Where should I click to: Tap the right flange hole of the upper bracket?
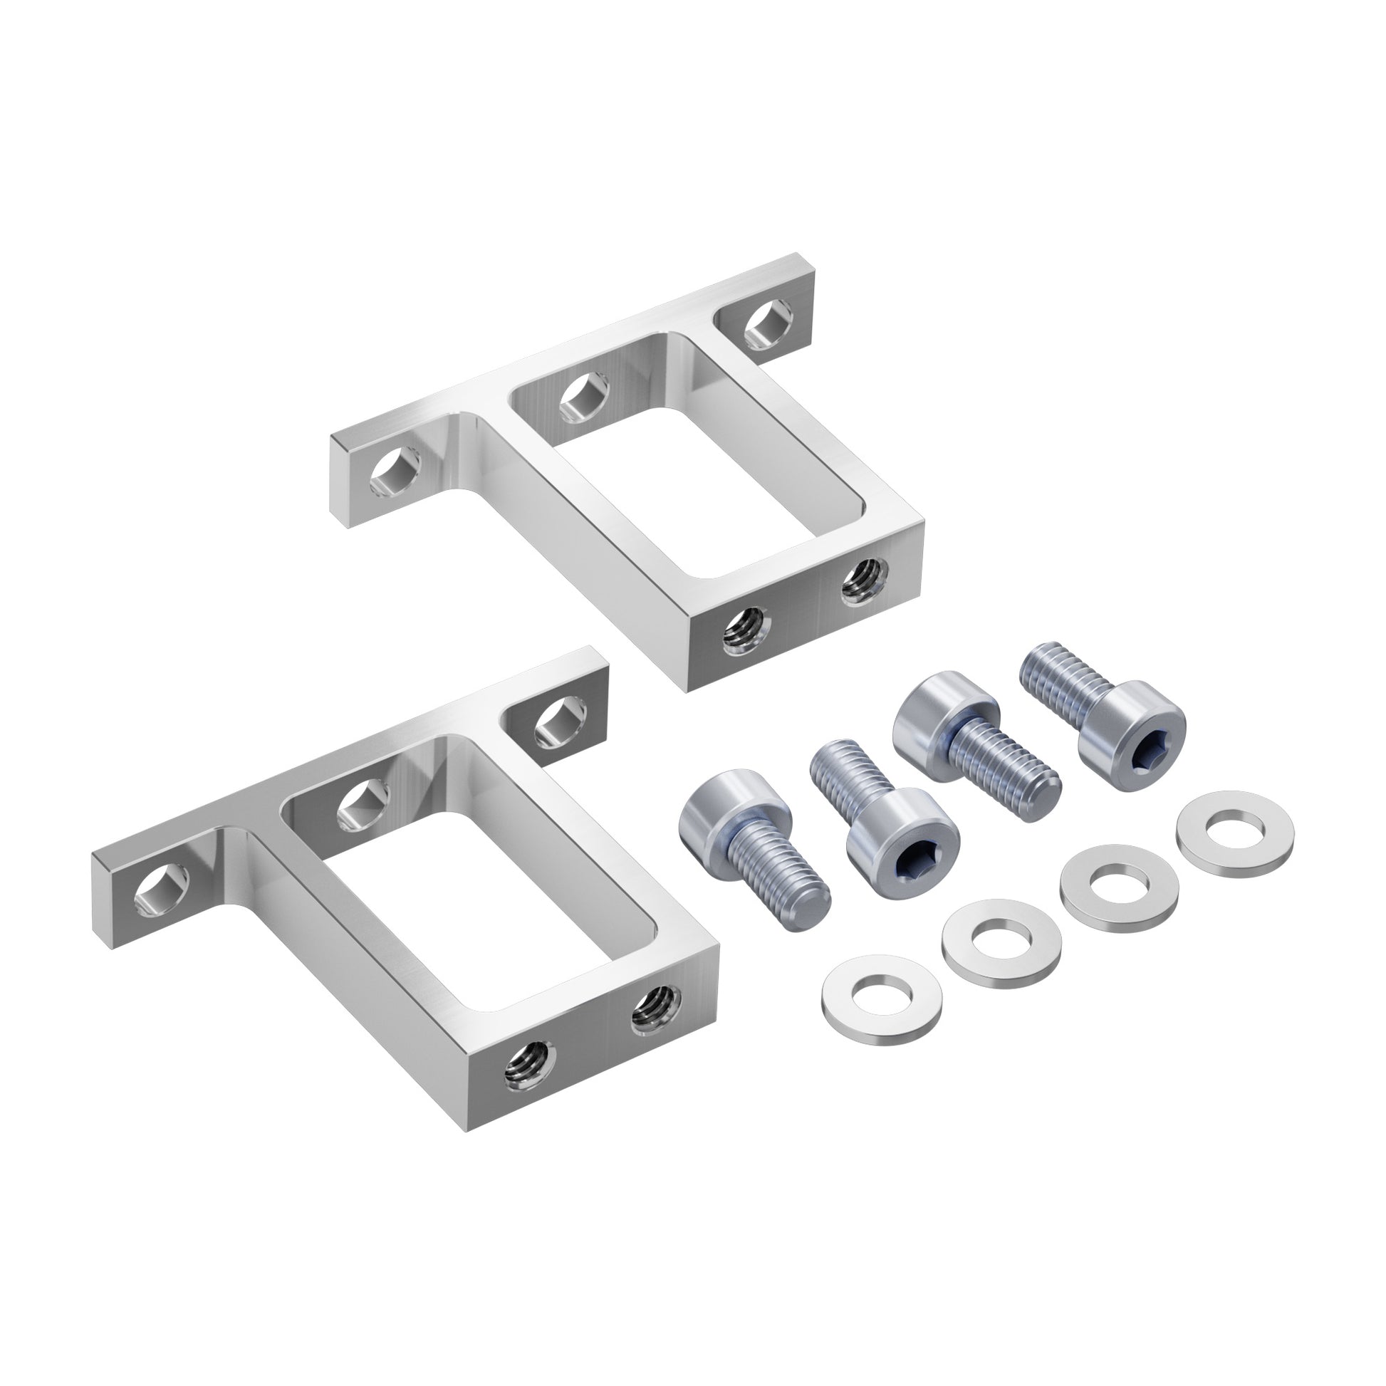pos(768,326)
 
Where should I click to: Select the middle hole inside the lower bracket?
pos(363,803)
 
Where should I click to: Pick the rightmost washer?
pos(1224,830)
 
